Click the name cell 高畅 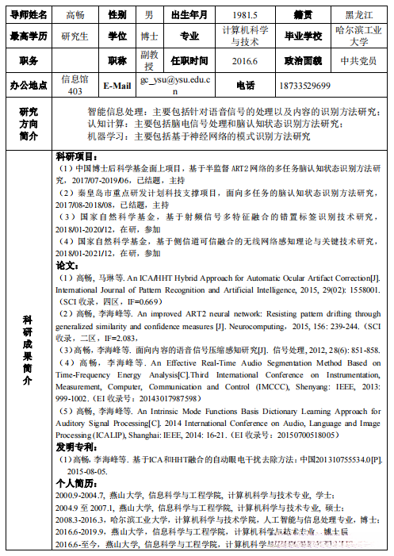point(75,14)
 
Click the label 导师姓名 point(29,14)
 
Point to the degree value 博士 point(149,36)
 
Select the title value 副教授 point(149,60)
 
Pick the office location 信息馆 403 point(75,85)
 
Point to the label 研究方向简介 point(29,125)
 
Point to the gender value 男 point(149,14)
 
